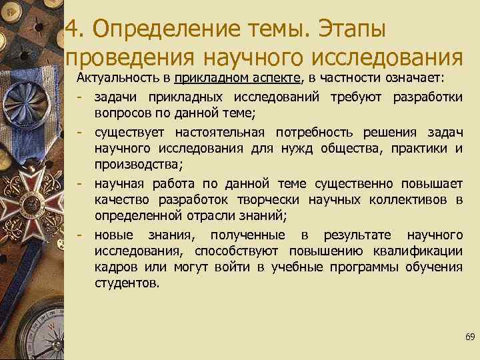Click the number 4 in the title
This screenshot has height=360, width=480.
coord(74,29)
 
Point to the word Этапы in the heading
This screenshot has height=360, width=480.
coord(353,29)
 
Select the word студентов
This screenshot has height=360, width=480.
coord(127,283)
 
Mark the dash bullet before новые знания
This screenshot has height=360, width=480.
coord(79,234)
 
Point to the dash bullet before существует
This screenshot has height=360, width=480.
coord(79,131)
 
